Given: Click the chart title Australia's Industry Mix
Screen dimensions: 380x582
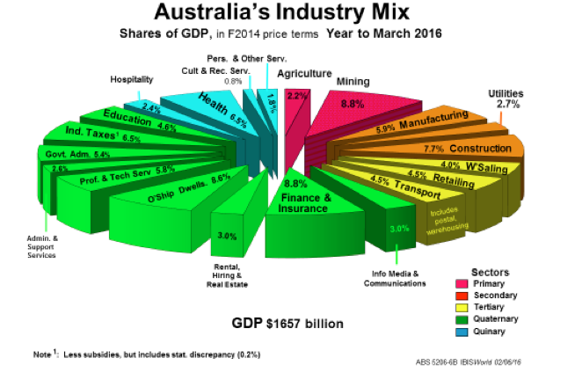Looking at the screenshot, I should pyautogui.click(x=291, y=15).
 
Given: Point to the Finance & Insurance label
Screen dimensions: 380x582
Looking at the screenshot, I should pyautogui.click(x=305, y=203).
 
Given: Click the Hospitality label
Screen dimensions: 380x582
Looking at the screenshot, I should pyautogui.click(x=132, y=79).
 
